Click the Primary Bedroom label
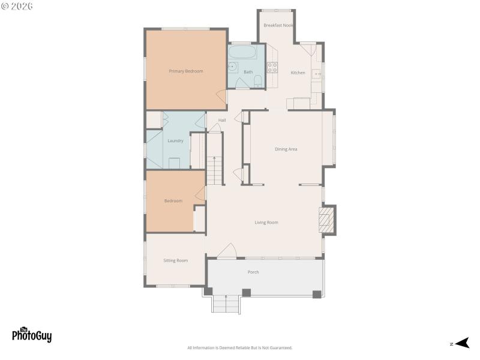[185, 71]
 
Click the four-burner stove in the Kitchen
[272, 67]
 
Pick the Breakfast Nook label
[278, 25]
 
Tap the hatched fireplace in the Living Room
[326, 220]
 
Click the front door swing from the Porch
[226, 252]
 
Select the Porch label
[253, 272]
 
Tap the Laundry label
[175, 141]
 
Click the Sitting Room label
[176, 260]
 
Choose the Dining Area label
[286, 149]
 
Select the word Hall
[222, 120]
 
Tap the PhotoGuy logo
[32, 335]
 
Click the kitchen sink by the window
[316, 75]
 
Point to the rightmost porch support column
[317, 294]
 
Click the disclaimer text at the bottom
[240, 348]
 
